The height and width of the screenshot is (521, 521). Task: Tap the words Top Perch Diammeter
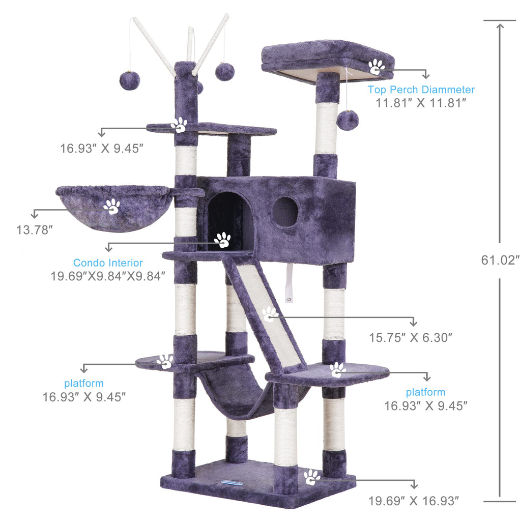pos(421,90)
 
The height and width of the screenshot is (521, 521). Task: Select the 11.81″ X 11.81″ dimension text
pos(421,103)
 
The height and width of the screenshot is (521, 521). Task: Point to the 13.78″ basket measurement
pos(35,230)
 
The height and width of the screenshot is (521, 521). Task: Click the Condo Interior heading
pos(108,263)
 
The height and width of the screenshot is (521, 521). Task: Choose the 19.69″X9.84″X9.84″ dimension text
pos(108,276)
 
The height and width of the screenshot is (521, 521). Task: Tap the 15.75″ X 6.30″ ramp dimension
pos(411,338)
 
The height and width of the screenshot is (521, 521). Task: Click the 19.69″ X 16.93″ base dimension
pos(414,501)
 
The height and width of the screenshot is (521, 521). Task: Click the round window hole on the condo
pos(285,212)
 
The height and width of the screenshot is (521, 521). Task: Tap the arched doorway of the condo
pos(230,221)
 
